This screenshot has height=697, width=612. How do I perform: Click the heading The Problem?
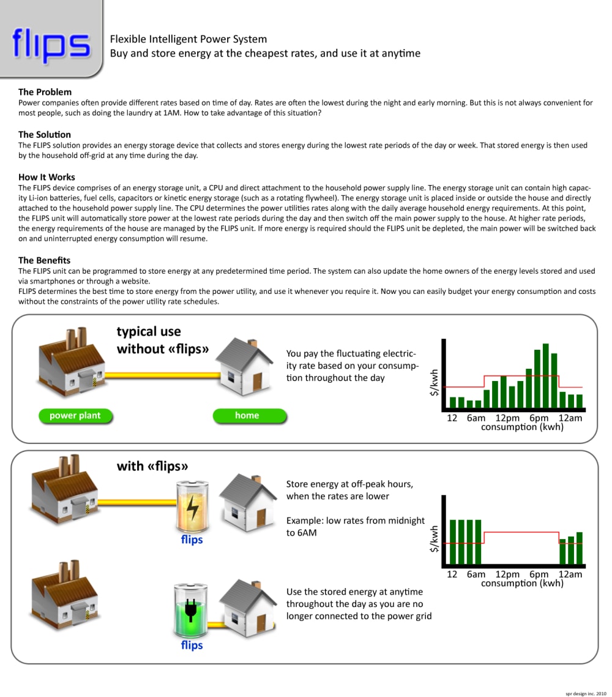[45, 92]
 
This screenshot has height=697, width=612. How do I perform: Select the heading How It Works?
[47, 177]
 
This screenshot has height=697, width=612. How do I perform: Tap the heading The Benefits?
[44, 260]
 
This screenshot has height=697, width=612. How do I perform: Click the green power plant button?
[75, 416]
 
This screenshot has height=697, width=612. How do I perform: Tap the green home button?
[247, 416]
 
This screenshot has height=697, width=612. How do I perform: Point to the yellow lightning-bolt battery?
[192, 507]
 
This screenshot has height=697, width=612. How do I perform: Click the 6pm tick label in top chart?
[539, 418]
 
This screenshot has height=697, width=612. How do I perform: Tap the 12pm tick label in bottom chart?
[507, 575]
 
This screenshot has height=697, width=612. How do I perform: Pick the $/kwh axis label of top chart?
[435, 382]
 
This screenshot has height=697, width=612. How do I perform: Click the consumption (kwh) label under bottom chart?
[522, 584]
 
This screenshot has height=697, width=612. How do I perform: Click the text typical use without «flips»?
[163, 341]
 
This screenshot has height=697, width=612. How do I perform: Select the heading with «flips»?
[152, 466]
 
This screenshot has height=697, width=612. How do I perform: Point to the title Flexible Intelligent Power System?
[188, 39]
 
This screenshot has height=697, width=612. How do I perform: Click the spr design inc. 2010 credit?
[585, 693]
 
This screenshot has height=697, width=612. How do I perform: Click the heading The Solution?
[45, 134]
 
